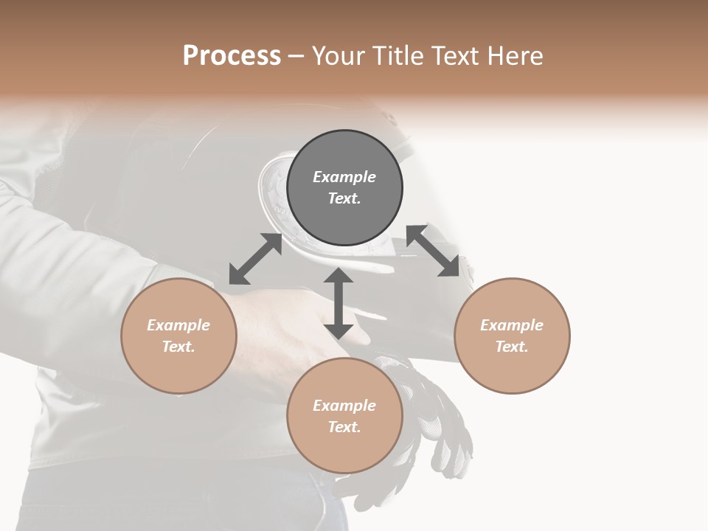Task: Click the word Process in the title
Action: [x=232, y=56]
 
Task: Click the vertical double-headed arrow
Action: [x=339, y=303]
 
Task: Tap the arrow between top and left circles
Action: [x=255, y=259]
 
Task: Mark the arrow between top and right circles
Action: [x=432, y=251]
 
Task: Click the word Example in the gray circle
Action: [x=344, y=177]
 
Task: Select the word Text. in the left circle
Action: [x=178, y=347]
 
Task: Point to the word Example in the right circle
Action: [x=512, y=325]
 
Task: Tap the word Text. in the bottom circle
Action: [x=344, y=427]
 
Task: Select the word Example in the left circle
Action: [x=178, y=325]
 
